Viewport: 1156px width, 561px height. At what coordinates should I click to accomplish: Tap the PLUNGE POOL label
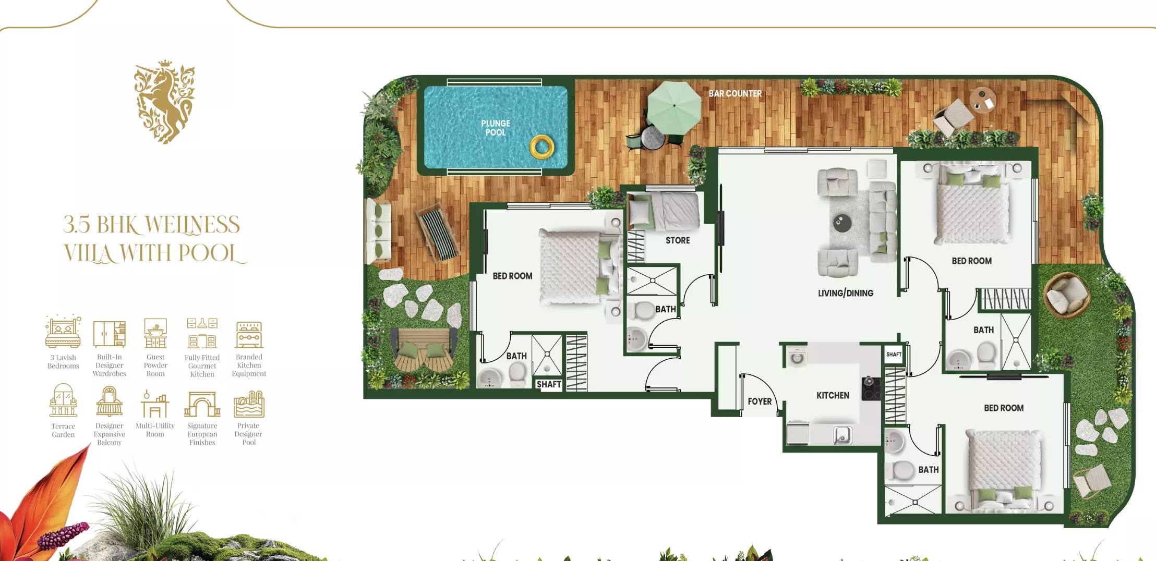click(496, 128)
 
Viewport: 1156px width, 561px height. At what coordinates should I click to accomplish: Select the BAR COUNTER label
click(735, 94)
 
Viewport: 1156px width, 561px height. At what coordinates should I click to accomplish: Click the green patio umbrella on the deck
click(674, 106)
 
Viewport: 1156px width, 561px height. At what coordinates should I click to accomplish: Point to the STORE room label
click(678, 240)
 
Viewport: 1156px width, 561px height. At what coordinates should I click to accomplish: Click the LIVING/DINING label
click(846, 293)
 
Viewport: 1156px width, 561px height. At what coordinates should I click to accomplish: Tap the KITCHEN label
click(833, 395)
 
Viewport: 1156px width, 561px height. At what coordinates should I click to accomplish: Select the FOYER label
click(760, 401)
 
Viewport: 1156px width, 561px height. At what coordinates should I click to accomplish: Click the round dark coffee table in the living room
click(842, 223)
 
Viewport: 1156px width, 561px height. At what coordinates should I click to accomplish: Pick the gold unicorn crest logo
click(165, 102)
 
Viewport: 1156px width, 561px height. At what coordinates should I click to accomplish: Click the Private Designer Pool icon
click(249, 405)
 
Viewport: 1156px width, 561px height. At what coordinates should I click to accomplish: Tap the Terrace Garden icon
click(63, 400)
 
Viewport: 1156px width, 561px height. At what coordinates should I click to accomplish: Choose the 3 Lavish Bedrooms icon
click(63, 332)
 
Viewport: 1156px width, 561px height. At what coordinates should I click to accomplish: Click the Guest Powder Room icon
click(155, 333)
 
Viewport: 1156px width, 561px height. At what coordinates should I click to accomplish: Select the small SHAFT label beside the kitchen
click(894, 355)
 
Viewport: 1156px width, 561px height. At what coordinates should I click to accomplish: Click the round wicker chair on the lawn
click(1066, 295)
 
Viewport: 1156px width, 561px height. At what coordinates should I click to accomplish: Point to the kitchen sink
click(842, 435)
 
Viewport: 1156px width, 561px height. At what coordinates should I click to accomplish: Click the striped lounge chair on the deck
click(438, 233)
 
